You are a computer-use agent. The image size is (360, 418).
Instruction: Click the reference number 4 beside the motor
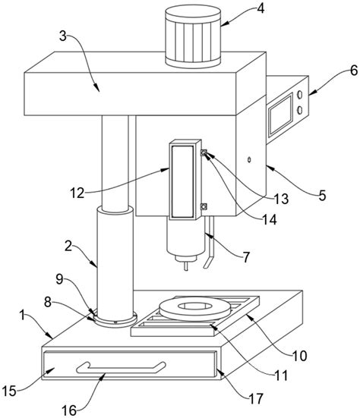(x=261, y=8)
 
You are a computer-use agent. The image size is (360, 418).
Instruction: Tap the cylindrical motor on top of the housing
(x=193, y=36)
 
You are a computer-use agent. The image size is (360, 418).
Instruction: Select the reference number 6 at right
(x=353, y=71)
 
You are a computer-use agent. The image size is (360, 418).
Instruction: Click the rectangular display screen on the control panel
(x=281, y=114)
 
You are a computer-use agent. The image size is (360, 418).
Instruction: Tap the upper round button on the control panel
(x=300, y=95)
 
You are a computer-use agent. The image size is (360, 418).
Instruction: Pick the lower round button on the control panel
(x=300, y=110)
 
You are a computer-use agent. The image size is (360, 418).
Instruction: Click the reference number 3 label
(x=63, y=36)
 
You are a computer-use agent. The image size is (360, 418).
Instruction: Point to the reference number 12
(x=77, y=193)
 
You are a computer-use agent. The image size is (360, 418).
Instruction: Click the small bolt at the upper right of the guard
(x=204, y=152)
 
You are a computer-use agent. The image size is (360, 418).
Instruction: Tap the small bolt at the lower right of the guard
(x=204, y=206)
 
